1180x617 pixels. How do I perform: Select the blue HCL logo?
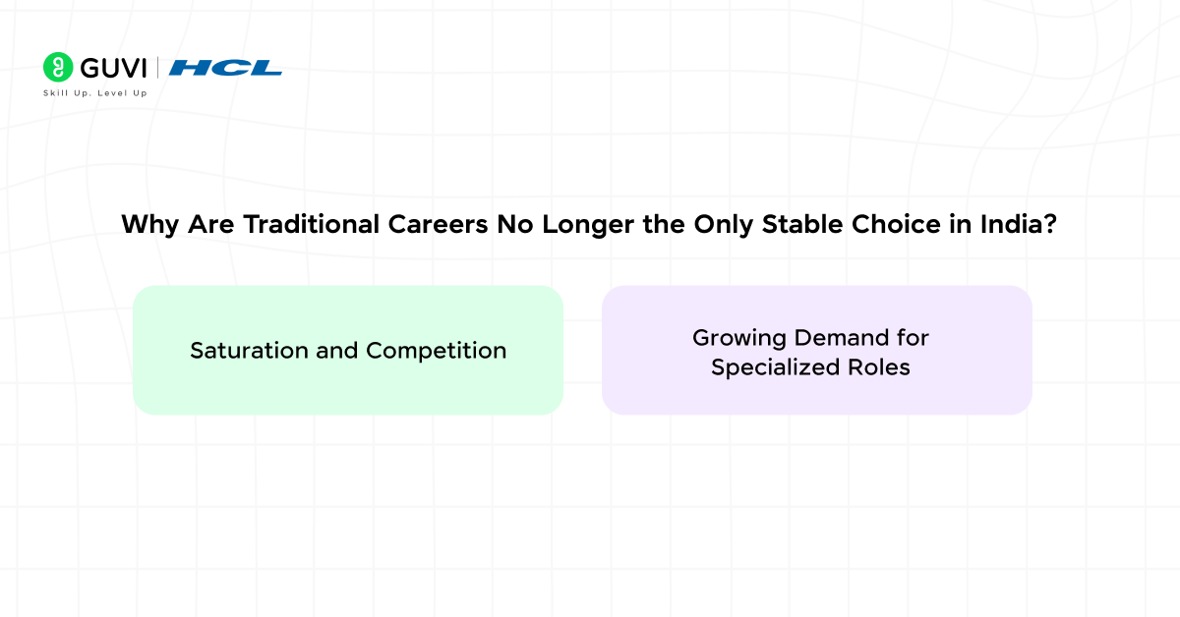point(225,68)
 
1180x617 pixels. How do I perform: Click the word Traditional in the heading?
point(298,225)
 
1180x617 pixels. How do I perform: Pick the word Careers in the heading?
point(418,225)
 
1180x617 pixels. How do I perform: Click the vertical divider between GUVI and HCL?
point(158,68)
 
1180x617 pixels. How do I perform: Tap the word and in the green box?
point(337,351)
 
